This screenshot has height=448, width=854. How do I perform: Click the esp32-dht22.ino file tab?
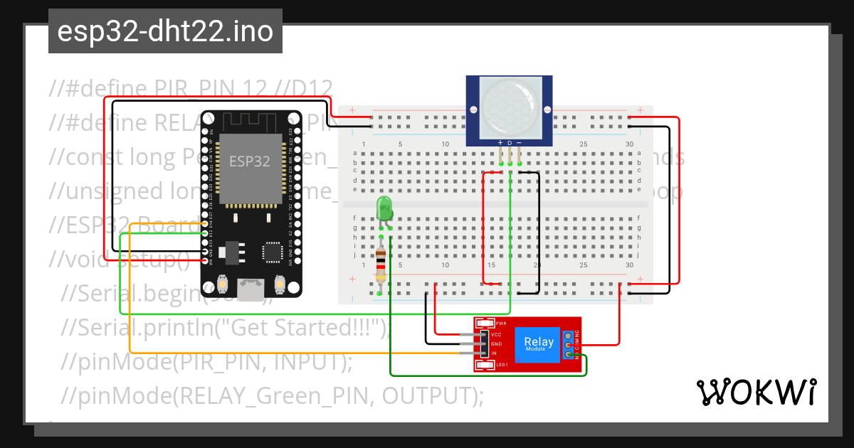pos(165,31)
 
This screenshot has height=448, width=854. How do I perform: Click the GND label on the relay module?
pos(497,344)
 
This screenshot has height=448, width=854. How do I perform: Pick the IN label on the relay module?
pos(494,353)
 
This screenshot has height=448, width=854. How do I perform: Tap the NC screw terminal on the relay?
pos(568,335)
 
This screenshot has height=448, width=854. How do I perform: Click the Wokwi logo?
pos(756,392)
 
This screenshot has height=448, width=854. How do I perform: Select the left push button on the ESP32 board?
pos(222,284)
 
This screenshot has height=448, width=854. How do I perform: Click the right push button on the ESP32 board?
pos(280,284)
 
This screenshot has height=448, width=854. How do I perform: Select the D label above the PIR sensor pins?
pos(510,143)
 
